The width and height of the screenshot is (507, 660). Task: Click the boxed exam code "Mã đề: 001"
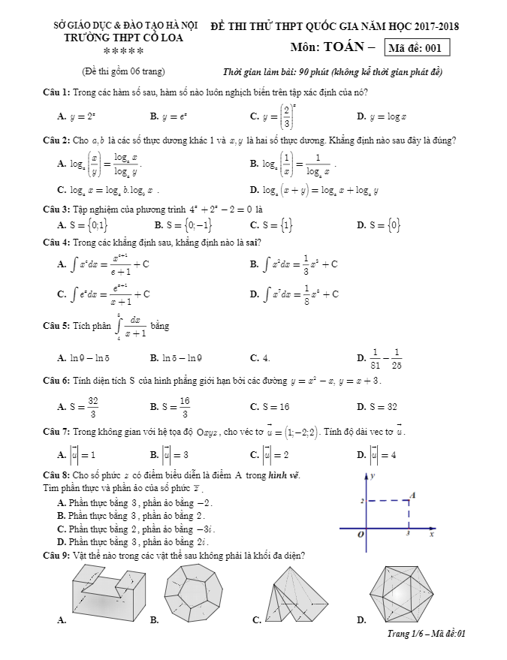[416, 49]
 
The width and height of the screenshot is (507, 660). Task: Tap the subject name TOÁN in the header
[346, 48]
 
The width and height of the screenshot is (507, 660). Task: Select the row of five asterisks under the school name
[123, 51]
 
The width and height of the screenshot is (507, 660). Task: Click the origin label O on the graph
[361, 534]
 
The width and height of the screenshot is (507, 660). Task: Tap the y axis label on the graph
[373, 476]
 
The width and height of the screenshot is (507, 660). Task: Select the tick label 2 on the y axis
[361, 501]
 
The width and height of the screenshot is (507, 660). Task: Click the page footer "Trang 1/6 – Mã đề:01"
[424, 634]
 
